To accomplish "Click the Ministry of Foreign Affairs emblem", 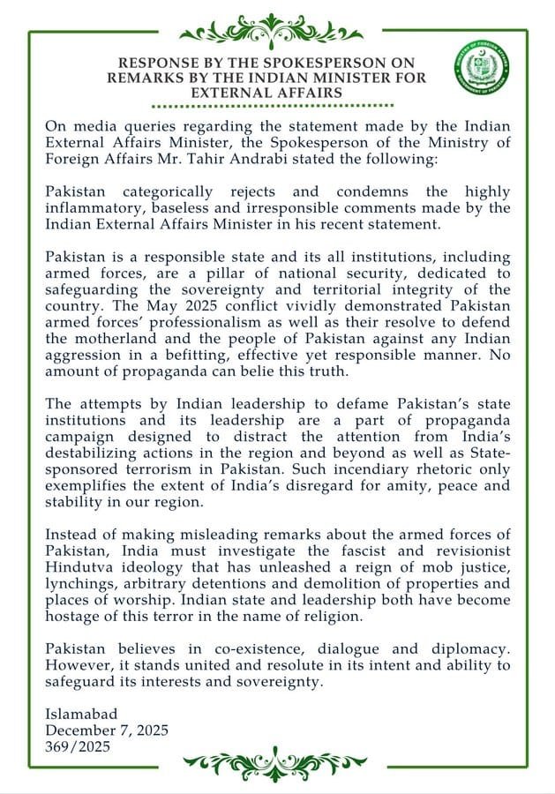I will coord(482,68).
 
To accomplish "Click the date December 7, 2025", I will coord(107,730).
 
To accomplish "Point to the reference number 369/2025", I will coord(78,745).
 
